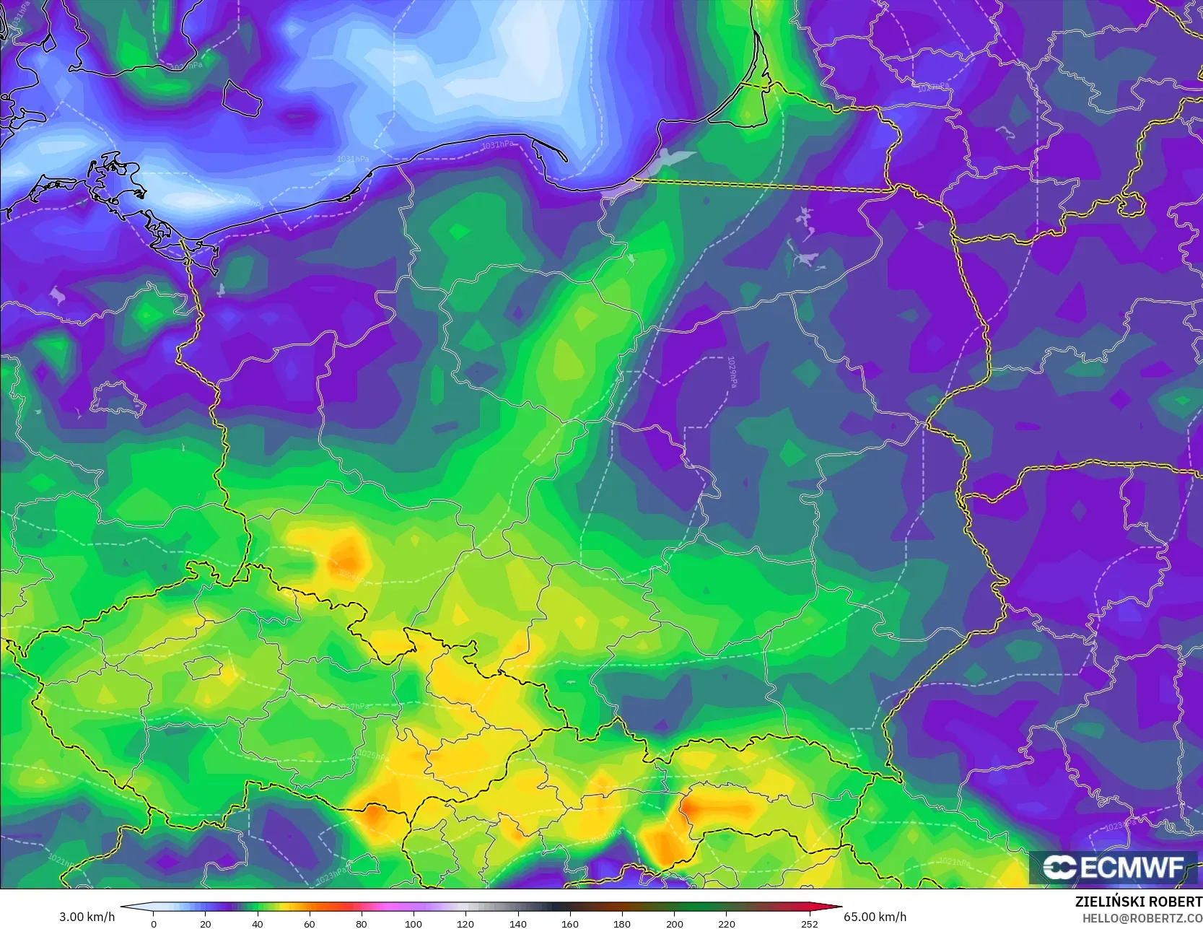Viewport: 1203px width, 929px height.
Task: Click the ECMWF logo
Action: click(1114, 867)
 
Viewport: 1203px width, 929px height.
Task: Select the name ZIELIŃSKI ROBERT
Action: click(1138, 902)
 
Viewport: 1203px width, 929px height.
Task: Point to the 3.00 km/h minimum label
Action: click(87, 917)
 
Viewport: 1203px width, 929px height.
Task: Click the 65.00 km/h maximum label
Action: click(875, 917)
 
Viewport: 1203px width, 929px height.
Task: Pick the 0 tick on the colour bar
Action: click(154, 923)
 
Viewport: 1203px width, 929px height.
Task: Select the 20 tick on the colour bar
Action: click(206, 923)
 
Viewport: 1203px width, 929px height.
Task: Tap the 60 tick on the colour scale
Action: click(310, 923)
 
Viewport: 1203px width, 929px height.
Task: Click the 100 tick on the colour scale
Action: click(414, 923)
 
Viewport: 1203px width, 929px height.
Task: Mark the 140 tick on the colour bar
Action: click(517, 923)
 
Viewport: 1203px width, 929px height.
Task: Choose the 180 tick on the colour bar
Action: click(622, 923)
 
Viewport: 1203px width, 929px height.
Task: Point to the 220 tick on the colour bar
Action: click(726, 923)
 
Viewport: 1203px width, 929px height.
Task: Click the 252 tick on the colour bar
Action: click(810, 923)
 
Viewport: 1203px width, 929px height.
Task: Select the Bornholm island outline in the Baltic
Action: click(241, 97)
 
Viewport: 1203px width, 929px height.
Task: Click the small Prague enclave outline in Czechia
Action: click(204, 667)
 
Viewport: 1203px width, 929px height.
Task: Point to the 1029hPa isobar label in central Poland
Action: click(732, 372)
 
